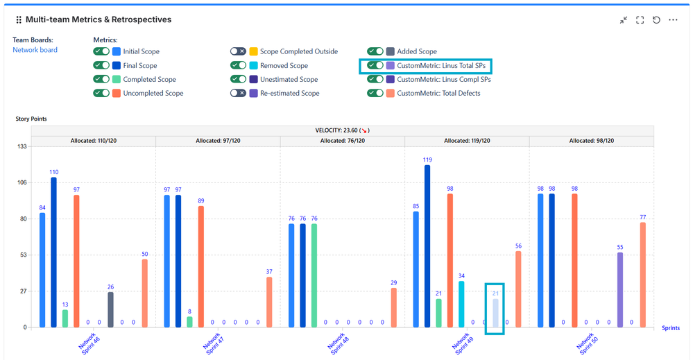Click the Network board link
pos(35,50)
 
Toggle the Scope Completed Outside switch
pos(239,51)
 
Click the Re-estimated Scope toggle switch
pos(239,93)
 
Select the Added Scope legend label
pos(417,51)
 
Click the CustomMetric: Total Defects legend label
pos(438,93)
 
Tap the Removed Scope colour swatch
pos(254,65)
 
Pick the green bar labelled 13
pos(65,318)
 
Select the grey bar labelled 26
pos(110,309)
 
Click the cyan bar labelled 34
pos(461,304)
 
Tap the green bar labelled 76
pos(314,275)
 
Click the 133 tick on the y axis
pos(21,146)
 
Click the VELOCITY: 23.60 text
pos(339,130)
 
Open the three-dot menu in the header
pos(673,20)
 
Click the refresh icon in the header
pos(656,20)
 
